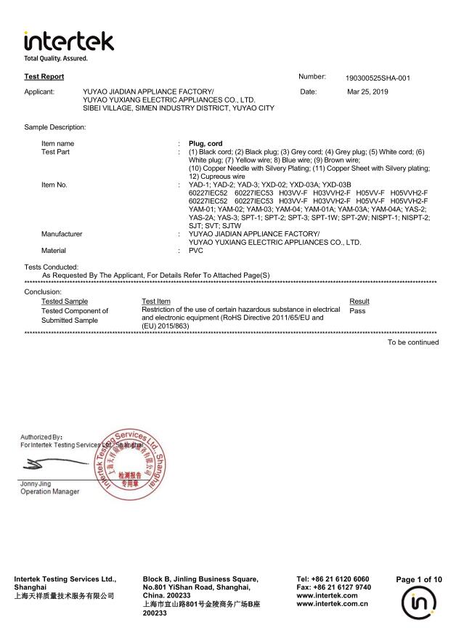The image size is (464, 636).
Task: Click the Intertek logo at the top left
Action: [x=68, y=44]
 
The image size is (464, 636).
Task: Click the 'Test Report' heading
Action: [x=44, y=76]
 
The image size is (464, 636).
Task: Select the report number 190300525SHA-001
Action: [x=378, y=78]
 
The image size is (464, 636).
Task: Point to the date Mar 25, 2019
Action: [x=367, y=92]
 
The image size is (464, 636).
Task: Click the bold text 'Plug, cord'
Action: [x=205, y=144]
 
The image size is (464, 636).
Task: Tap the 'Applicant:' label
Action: [x=40, y=92]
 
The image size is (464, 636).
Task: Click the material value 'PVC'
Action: [x=195, y=250]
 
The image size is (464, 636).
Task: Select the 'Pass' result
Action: [x=357, y=310]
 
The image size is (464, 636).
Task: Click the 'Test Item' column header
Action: [x=156, y=301]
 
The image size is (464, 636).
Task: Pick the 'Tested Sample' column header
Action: [x=65, y=301]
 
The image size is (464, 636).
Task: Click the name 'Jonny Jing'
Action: [x=37, y=483]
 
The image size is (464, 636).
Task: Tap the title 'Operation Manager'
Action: [x=50, y=492]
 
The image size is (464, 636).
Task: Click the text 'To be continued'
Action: [x=412, y=342]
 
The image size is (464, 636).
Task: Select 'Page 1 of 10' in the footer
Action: [x=419, y=579]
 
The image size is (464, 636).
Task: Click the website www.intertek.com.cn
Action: [x=333, y=603]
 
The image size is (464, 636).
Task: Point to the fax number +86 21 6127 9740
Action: [x=333, y=587]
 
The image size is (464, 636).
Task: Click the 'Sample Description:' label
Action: [x=55, y=127]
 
